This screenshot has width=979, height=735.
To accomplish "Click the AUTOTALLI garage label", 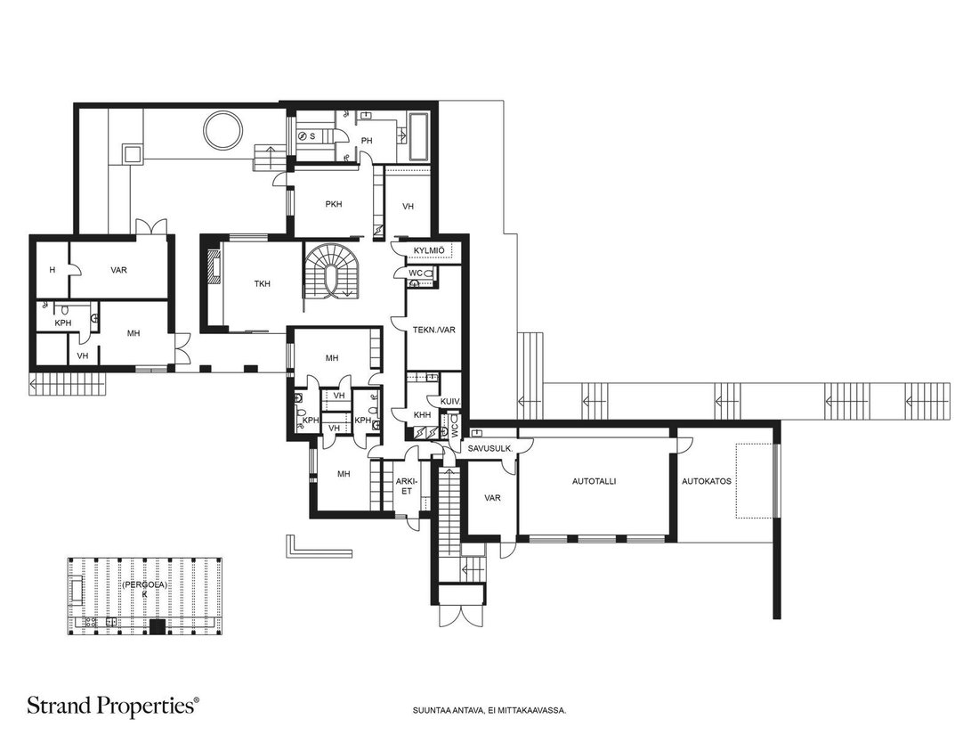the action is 594,481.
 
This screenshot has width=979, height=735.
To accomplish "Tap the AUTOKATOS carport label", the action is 706,481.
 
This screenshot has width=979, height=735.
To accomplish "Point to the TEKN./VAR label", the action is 434,330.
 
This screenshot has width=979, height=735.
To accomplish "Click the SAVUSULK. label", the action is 490,448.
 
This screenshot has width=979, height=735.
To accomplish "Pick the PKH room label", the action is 334,204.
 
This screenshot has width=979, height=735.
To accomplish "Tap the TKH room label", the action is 263,283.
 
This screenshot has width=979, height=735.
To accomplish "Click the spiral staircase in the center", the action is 332,270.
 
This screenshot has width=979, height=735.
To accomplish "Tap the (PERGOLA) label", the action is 144,585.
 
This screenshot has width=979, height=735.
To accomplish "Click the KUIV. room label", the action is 450,401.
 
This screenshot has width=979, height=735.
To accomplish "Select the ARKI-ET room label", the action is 405,486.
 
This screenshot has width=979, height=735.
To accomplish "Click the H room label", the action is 53,270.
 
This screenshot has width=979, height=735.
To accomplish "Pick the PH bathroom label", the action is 367,141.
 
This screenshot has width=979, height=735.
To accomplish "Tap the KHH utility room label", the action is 422,415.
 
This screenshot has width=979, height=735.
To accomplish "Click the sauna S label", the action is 312,135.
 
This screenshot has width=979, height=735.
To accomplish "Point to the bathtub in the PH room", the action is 417,135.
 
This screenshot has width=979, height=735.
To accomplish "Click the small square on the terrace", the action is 132,153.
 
